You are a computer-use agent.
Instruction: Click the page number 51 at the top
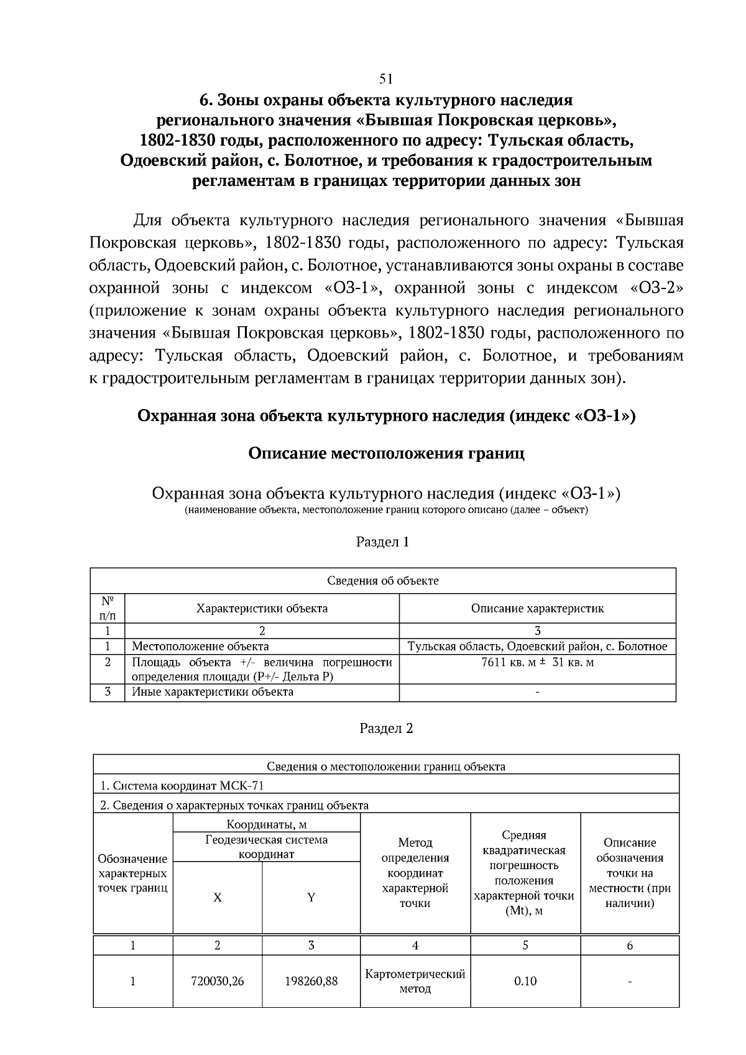tap(385, 79)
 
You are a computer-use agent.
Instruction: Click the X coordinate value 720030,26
tap(217, 981)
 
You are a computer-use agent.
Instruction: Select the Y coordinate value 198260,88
tap(311, 981)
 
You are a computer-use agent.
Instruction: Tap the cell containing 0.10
tap(525, 981)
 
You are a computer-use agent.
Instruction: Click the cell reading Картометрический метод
tap(415, 981)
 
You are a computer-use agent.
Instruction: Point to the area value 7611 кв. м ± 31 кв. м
tap(537, 662)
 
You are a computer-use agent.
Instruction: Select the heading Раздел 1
tap(382, 541)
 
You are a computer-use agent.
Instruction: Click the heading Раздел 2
tap(386, 728)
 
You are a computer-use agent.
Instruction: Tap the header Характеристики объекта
tap(262, 608)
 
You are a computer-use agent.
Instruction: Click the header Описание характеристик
tap(537, 608)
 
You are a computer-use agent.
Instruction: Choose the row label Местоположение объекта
tap(200, 646)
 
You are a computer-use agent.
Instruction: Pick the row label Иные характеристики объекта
tap(212, 691)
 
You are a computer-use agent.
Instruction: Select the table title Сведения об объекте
tap(382, 581)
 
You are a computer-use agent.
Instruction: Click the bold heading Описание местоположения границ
tap(386, 453)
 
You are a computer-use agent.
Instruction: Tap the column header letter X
tap(217, 897)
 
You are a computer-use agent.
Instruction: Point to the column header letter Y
tap(311, 897)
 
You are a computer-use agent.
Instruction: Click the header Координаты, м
tap(266, 825)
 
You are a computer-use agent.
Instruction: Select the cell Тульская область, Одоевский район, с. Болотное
tap(537, 646)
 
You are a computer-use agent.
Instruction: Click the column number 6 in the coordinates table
tap(629, 945)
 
